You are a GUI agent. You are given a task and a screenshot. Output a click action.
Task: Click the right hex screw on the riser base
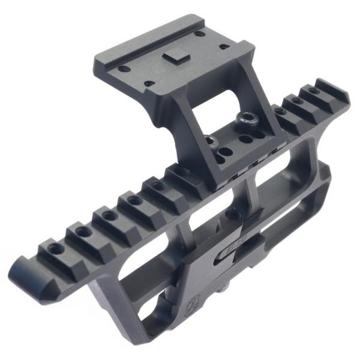[x=245, y=118]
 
